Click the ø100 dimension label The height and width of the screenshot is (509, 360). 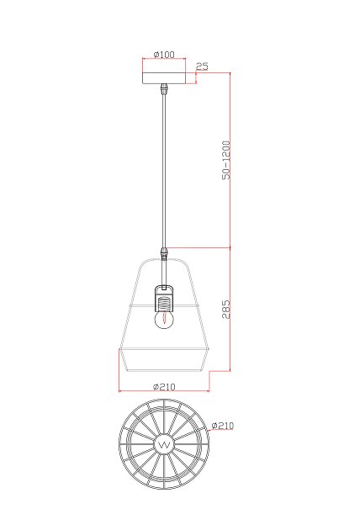[164, 54]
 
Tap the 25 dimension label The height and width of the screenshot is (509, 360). [202, 66]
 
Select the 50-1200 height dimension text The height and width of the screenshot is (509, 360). [226, 161]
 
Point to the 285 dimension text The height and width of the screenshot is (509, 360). [226, 309]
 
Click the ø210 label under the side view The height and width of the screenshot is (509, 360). [164, 387]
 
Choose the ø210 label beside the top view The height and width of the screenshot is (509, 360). [223, 425]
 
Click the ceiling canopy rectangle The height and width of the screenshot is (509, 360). [164, 78]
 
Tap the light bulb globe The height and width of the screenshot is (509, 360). [164, 320]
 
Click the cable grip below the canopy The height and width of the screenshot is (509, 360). [165, 88]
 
